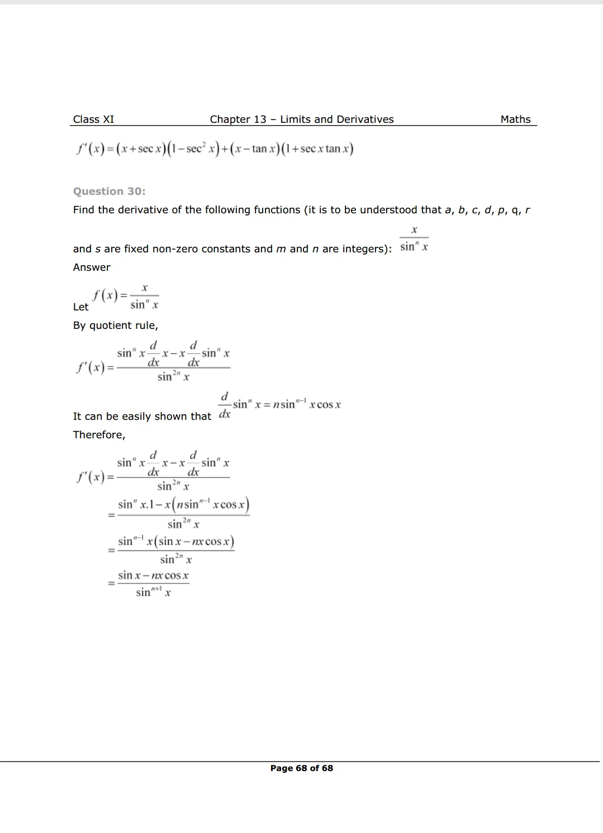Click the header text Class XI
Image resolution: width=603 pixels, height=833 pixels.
pos(93,119)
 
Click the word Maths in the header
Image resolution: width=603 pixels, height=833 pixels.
pos(515,119)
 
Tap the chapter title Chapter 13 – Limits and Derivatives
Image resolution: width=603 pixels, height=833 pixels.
pos(302,119)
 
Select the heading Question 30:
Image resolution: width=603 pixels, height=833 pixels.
pos(109,192)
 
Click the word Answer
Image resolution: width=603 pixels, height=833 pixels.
pos(92,267)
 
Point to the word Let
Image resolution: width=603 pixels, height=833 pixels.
pos(80,307)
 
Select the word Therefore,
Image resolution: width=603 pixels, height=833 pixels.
pos(99,435)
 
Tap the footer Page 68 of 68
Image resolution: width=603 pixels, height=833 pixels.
pos(302,768)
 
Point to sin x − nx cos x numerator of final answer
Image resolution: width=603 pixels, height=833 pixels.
pos(153,576)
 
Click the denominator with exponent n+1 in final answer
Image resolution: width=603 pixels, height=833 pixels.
pos(153,592)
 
